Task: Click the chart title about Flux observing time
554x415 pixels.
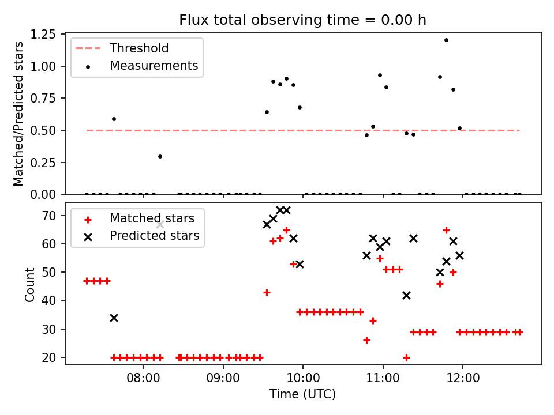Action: (302, 20)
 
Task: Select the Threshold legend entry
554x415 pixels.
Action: (138, 48)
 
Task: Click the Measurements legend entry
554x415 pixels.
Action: (154, 66)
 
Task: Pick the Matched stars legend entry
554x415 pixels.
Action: (152, 218)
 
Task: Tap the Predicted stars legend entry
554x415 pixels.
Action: (154, 236)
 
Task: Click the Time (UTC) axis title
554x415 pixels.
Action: (302, 395)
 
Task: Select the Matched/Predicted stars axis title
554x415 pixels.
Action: (19, 114)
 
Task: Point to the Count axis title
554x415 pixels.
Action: (30, 284)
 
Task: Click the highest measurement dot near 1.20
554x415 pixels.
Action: (446, 40)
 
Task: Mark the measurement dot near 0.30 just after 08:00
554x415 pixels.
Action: (160, 156)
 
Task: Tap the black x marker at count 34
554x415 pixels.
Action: (114, 318)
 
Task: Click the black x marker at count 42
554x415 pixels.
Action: (406, 295)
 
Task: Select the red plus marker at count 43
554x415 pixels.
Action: (267, 292)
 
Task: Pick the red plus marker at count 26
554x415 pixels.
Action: (366, 340)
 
